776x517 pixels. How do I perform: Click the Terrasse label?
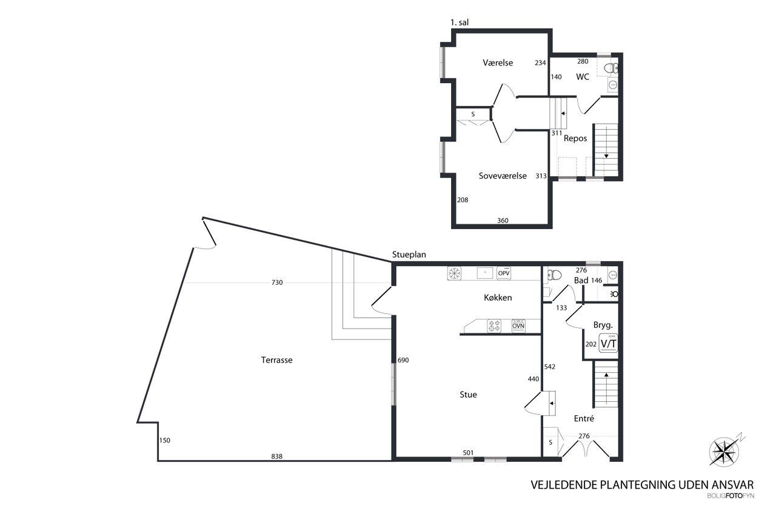(276, 360)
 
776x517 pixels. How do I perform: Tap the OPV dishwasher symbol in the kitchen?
(503, 273)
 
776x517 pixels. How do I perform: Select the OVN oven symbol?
(518, 326)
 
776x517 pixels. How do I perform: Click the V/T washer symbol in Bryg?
(608, 343)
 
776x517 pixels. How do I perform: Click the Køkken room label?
(498, 298)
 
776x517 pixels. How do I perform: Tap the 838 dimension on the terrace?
(276, 456)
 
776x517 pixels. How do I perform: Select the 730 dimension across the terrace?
(277, 282)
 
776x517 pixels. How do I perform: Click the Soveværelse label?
(503, 176)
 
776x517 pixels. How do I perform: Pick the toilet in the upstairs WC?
(611, 68)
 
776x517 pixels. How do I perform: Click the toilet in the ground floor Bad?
(554, 275)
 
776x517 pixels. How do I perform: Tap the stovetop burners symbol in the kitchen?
(494, 326)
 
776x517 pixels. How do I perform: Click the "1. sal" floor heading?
(460, 22)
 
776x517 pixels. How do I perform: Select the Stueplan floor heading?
(409, 255)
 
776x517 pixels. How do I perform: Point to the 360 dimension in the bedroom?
(503, 221)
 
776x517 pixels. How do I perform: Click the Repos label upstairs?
(575, 139)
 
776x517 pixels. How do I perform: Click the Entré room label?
(584, 419)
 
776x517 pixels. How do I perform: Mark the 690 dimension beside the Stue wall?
(403, 360)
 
